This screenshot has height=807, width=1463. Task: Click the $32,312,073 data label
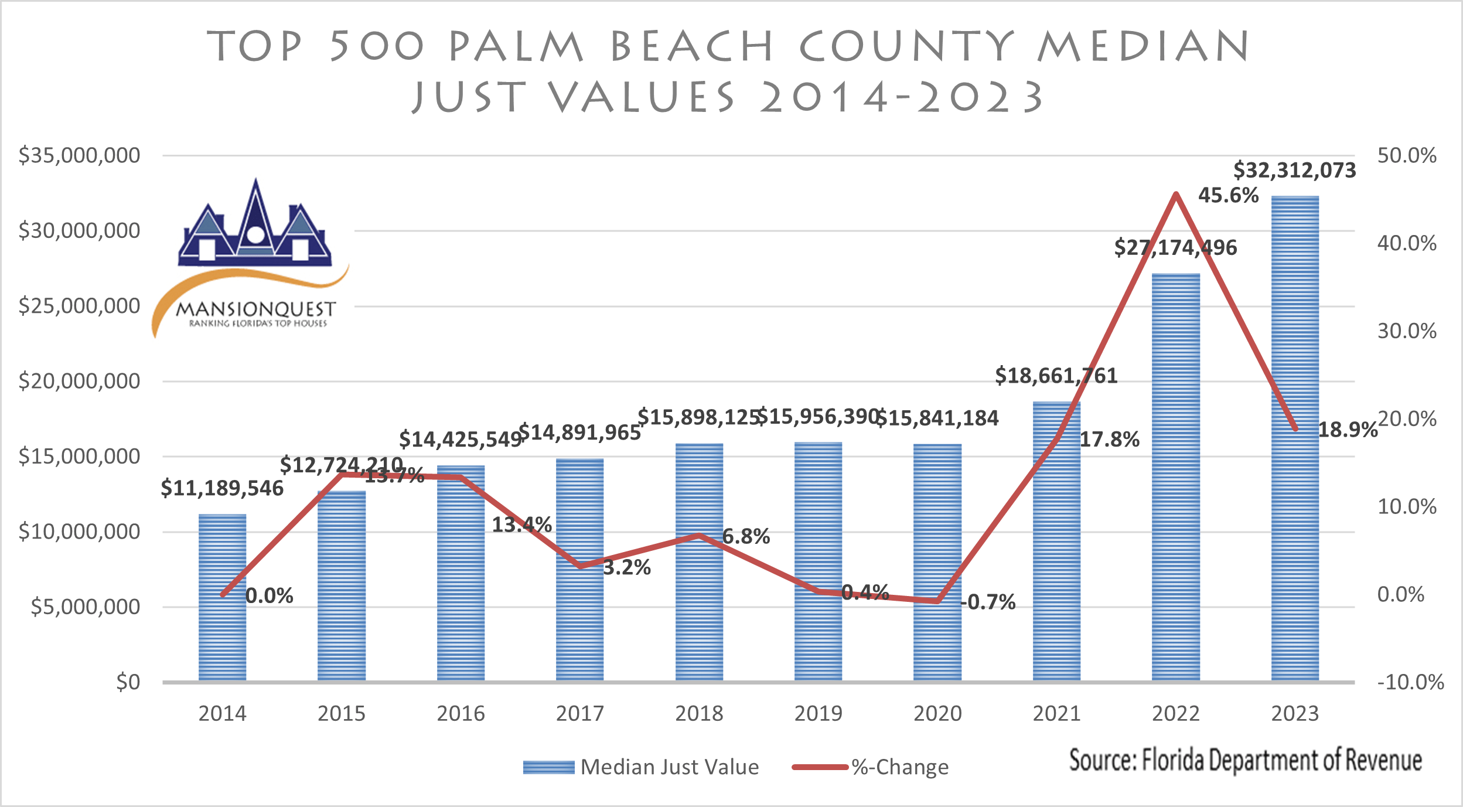click(x=1294, y=171)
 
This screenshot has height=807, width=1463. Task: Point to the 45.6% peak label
click(x=1228, y=195)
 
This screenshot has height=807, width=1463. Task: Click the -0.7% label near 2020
click(x=988, y=602)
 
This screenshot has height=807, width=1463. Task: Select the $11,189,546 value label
click(x=222, y=488)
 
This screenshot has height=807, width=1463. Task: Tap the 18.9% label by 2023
click(x=1347, y=430)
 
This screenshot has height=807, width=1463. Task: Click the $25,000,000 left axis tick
click(x=79, y=306)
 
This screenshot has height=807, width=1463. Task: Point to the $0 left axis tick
click(x=128, y=682)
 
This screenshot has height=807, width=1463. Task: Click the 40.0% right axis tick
click(x=1407, y=243)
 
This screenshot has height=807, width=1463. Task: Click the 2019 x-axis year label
click(x=818, y=713)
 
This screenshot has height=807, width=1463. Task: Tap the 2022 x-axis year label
click(x=1175, y=713)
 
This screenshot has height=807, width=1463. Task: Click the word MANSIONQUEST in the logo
click(x=255, y=309)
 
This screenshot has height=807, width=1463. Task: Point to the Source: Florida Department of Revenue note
click(x=1245, y=760)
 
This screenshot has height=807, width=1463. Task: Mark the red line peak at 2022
click(x=1175, y=194)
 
